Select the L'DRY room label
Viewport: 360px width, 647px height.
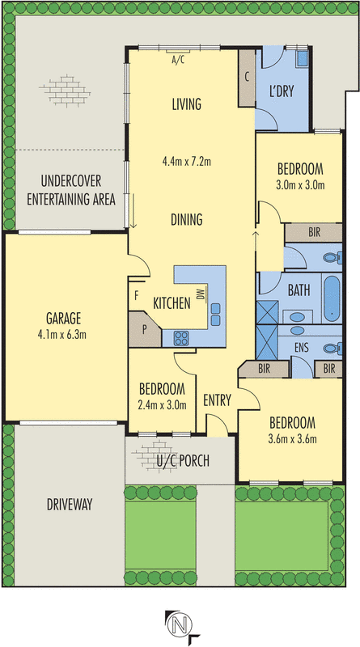[282, 91]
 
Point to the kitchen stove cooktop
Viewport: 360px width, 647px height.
[182, 338]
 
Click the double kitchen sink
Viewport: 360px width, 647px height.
[215, 315]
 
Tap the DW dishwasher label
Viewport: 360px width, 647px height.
[201, 294]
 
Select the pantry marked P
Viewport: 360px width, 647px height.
[145, 330]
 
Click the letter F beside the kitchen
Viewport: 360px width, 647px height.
[136, 295]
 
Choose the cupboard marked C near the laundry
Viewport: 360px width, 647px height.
[247, 78]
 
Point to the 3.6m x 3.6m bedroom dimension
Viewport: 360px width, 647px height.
[292, 439]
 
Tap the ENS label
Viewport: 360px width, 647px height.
[302, 348]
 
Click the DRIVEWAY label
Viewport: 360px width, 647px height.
[70, 504]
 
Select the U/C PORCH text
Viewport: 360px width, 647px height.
[183, 460]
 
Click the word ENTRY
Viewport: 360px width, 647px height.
[217, 400]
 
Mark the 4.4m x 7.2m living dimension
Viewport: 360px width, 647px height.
[187, 162]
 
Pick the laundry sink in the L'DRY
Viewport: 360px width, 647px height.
[303, 58]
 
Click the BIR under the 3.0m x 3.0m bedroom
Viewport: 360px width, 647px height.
[315, 232]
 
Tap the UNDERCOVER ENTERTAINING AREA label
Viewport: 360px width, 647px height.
[71, 190]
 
